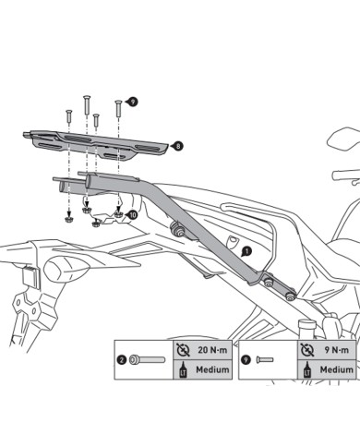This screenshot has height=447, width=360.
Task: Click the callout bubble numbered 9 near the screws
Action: coord(133,102)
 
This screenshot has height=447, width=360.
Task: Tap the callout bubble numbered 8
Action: coord(178,146)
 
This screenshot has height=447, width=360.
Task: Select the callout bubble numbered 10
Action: coord(133,215)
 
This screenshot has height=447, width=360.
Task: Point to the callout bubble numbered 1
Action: coord(246,251)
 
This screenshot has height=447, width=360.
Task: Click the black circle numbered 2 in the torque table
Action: coord(122,360)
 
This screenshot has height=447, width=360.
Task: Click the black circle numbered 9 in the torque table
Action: coord(246,359)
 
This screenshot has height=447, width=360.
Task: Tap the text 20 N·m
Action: coord(212,350)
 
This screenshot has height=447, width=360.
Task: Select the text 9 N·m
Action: coord(337,350)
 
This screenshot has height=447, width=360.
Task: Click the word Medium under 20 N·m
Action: coord(212,369)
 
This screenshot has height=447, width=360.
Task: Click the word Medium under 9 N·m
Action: coord(337,369)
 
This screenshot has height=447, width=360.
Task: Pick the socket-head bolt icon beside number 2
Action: coord(147,360)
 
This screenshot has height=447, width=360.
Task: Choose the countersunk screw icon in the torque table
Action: coord(265,359)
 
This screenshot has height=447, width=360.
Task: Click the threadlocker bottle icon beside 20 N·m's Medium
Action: coord(183,369)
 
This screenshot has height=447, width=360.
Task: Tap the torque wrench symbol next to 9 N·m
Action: coord(306,350)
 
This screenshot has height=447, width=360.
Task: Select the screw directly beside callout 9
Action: coord(118,108)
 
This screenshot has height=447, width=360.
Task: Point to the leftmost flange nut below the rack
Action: coord(69,219)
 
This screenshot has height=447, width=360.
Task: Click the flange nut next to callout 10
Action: coord(118,214)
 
